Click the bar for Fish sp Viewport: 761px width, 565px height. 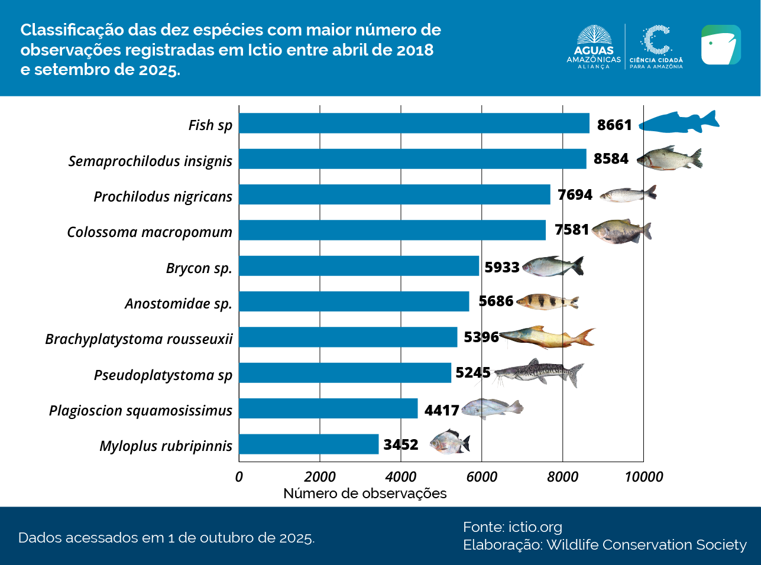pos(414,124)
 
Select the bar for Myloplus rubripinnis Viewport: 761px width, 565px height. pos(309,444)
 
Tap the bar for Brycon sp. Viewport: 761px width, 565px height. pos(359,266)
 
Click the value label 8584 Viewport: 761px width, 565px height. pos(611,159)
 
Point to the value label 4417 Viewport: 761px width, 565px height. pos(441,410)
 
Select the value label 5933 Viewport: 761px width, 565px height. pos(501,267)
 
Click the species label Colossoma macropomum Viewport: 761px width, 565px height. pos(150,232)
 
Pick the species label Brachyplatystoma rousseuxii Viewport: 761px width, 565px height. pos(139,339)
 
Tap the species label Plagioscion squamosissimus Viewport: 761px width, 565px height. pos(141,410)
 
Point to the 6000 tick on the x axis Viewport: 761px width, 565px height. pos(481,476)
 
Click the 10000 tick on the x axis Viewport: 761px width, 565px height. pos(643,476)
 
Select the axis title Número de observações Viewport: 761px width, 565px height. pos(365,493)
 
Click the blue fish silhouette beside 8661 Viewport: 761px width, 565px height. pos(679,122)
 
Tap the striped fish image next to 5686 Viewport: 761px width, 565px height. pos(548,301)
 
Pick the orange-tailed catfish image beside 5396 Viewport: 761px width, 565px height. pos(547,337)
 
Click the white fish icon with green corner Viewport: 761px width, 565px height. pos(721,45)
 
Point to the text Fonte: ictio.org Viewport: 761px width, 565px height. pos(512,527)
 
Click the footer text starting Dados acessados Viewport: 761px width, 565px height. pos(166,538)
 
